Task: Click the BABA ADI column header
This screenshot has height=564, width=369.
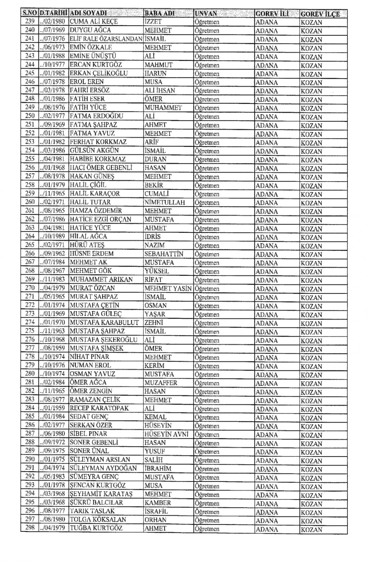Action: [x=160, y=13]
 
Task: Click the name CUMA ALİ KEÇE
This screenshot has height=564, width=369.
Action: [x=94, y=21]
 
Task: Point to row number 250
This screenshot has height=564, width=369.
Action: [x=30, y=116]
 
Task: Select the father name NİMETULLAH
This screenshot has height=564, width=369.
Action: [x=165, y=202]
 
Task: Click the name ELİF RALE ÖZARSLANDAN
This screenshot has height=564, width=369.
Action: [x=106, y=39]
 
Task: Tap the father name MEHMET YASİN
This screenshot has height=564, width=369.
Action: [x=168, y=288]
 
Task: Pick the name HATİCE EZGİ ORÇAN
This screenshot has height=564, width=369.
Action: [x=100, y=219]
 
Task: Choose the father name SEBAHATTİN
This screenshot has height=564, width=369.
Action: [x=164, y=254]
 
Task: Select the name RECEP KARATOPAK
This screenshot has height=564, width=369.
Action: [x=99, y=408]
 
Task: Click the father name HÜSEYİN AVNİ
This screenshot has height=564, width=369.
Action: [x=166, y=434]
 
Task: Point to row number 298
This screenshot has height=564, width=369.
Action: [x=30, y=528]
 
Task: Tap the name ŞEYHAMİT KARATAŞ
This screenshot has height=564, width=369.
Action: [x=101, y=494]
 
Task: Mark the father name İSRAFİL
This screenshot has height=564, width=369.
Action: [x=156, y=511]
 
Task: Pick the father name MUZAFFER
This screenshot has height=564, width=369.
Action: [x=161, y=383]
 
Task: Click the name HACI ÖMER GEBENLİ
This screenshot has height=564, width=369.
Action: [x=101, y=168]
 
